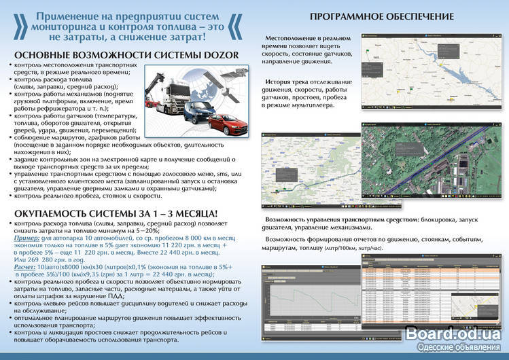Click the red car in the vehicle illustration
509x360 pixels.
click(x=224, y=124)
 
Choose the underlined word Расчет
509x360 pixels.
click(x=27, y=267)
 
